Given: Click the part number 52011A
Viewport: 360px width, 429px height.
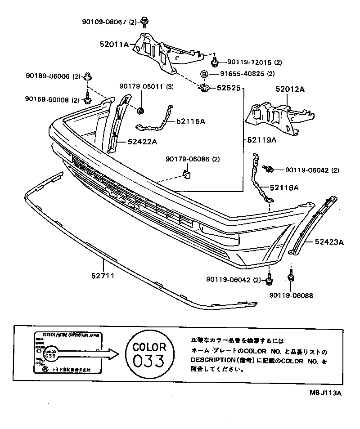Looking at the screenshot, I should coord(114,44).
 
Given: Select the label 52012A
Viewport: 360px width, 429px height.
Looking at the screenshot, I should coord(290,89).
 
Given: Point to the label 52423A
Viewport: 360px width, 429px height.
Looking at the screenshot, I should coord(329,242).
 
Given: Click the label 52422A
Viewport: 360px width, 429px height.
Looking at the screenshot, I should coord(142,142).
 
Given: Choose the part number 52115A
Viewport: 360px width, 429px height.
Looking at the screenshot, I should coord(190,121).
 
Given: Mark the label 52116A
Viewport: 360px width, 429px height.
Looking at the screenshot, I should coord(284,187).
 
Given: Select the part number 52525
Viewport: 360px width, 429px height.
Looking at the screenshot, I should coord(229,89).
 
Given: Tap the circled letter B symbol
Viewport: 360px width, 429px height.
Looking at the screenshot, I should coord(203,74).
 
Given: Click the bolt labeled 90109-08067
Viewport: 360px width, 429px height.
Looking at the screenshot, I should coord(145,21).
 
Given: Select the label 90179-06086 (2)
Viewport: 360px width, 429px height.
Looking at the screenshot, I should coord(193,159).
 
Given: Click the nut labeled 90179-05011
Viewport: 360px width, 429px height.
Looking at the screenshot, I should coord(140,111).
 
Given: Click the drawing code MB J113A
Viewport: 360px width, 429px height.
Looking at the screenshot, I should coord(325,393).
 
